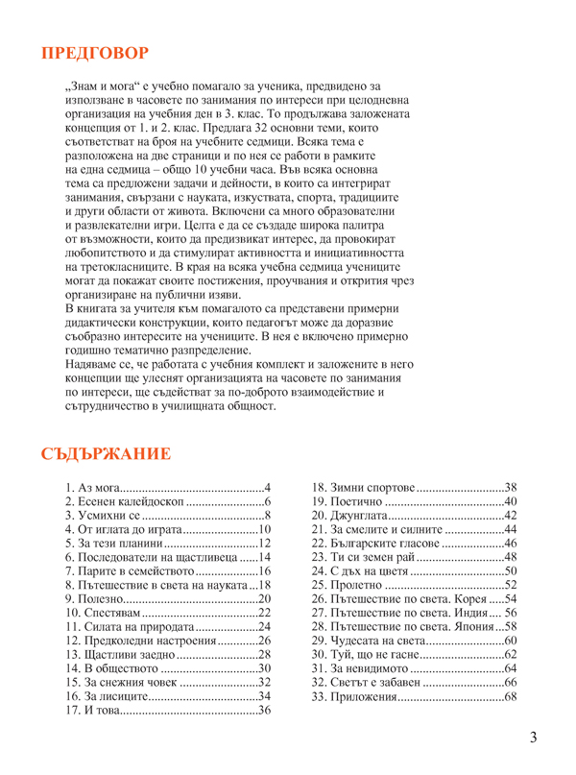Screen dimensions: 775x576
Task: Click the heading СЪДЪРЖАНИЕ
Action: coord(106,453)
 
